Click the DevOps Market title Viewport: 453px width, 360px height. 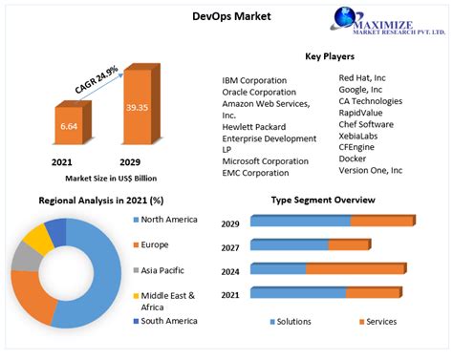pyautogui.click(x=232, y=16)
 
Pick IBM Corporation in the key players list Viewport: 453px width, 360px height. pyautogui.click(x=254, y=80)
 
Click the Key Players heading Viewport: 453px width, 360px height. pyautogui.click(x=331, y=56)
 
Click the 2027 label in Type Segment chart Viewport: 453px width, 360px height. pyautogui.click(x=231, y=246)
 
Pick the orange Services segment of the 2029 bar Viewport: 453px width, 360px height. pyautogui.click(x=380, y=221)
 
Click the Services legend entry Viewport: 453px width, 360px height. pyautogui.click(x=380, y=321)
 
